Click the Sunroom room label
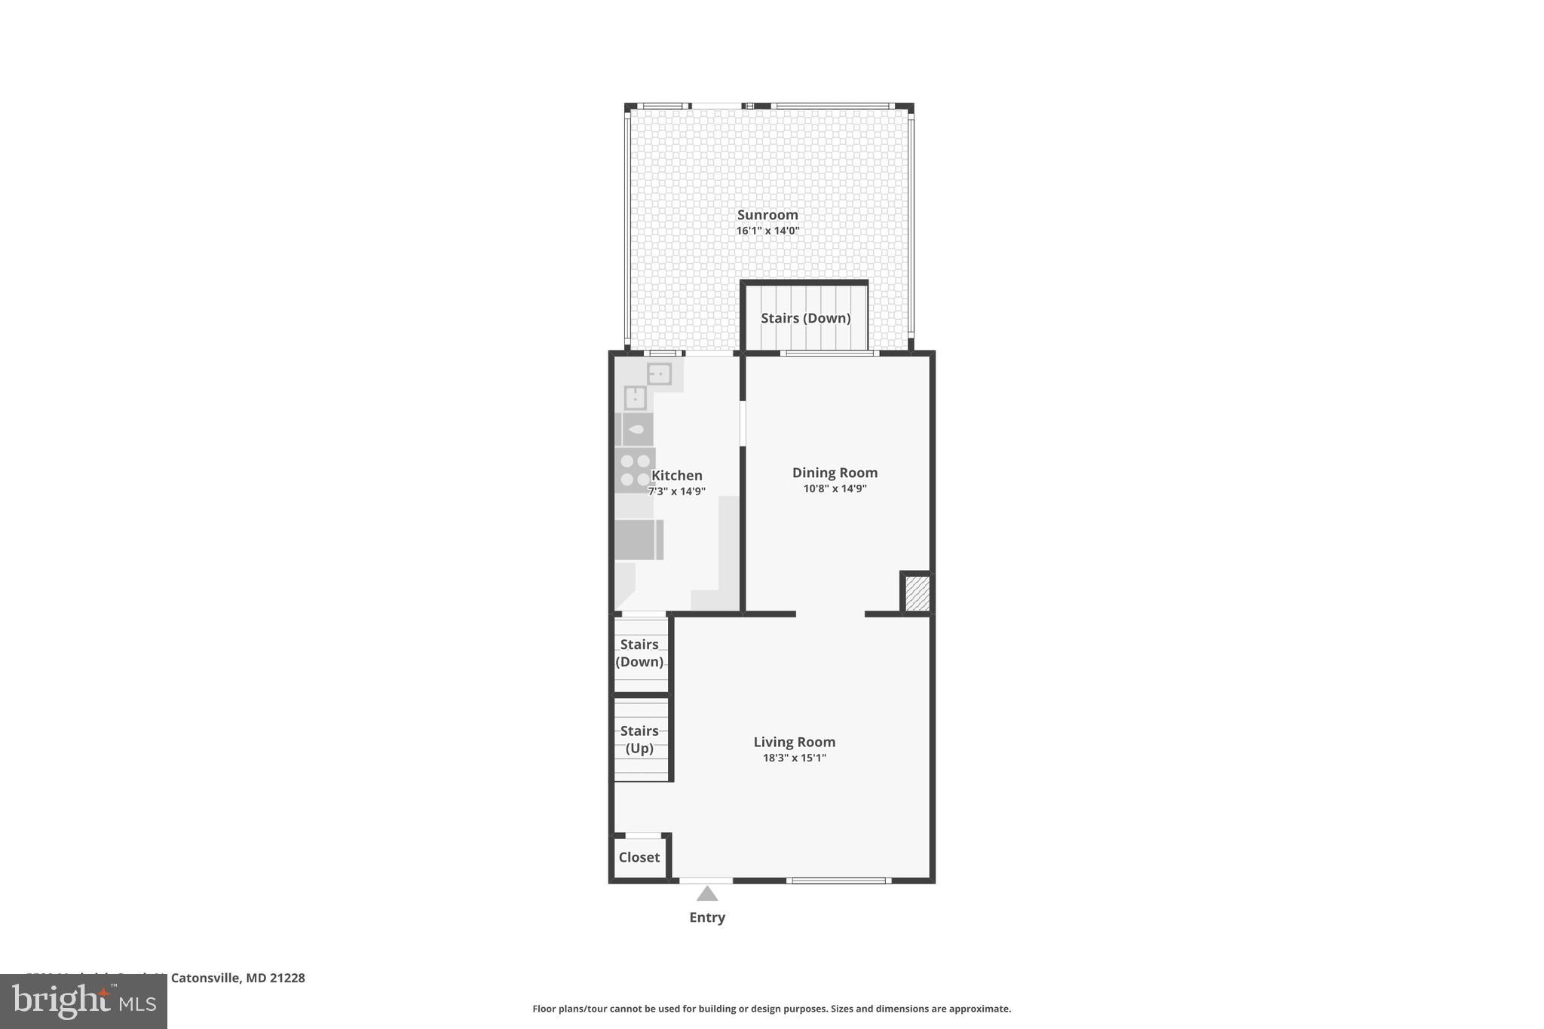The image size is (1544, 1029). pyautogui.click(x=767, y=215)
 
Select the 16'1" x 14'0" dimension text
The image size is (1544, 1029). pyautogui.click(x=767, y=231)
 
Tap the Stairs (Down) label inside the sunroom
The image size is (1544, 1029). pyautogui.click(x=805, y=318)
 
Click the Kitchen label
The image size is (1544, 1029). pyautogui.click(x=676, y=476)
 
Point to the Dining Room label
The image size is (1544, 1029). pyautogui.click(x=835, y=473)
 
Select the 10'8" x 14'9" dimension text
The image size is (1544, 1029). pyautogui.click(x=835, y=488)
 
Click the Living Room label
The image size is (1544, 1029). pyautogui.click(x=794, y=742)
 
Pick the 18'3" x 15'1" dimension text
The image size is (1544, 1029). pyautogui.click(x=794, y=758)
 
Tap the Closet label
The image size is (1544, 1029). pyautogui.click(x=639, y=857)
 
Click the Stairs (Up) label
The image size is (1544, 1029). pyautogui.click(x=639, y=740)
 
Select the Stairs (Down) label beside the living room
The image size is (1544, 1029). pyautogui.click(x=639, y=653)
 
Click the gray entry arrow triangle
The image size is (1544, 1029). pyautogui.click(x=706, y=894)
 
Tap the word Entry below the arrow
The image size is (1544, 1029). pyautogui.click(x=706, y=917)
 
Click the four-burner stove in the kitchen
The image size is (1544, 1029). pyautogui.click(x=634, y=470)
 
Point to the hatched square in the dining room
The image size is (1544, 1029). pyautogui.click(x=917, y=593)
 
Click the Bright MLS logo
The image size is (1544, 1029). pyautogui.click(x=84, y=1001)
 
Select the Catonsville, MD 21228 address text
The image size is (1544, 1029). pyautogui.click(x=237, y=978)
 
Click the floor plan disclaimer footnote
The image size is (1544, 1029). pyautogui.click(x=771, y=1009)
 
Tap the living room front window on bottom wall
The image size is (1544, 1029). pyautogui.click(x=838, y=880)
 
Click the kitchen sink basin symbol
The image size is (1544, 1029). pyautogui.click(x=637, y=430)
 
